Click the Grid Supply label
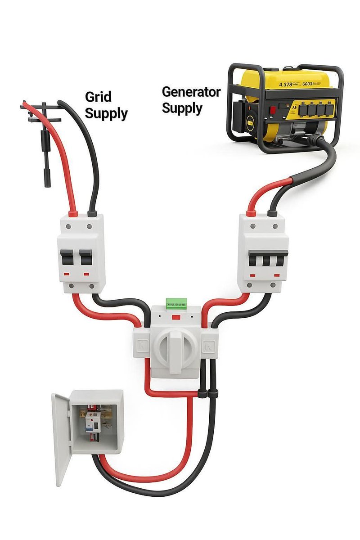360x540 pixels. pyautogui.click(x=106, y=105)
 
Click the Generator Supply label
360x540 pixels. pyautogui.click(x=191, y=100)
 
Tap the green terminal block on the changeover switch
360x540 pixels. pyautogui.click(x=176, y=302)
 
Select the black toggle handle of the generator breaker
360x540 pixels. pyautogui.click(x=269, y=258)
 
